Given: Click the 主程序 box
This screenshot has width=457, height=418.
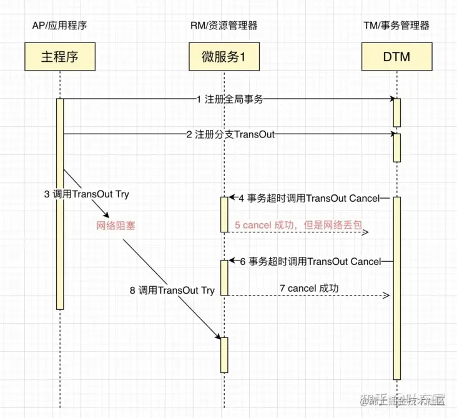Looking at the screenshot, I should (60, 57).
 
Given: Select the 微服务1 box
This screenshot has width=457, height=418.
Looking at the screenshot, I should (223, 57).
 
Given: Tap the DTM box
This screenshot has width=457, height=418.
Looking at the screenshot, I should (396, 57).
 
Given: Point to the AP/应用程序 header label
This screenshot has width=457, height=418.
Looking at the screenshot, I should (60, 26).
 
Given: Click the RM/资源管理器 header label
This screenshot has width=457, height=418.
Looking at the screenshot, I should (224, 26).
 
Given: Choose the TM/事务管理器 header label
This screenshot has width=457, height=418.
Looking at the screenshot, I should (396, 26).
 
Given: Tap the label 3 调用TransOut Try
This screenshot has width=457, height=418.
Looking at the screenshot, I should (87, 194).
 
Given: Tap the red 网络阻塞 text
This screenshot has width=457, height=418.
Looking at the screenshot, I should (115, 225).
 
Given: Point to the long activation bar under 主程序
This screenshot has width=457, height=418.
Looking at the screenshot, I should (60, 203).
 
